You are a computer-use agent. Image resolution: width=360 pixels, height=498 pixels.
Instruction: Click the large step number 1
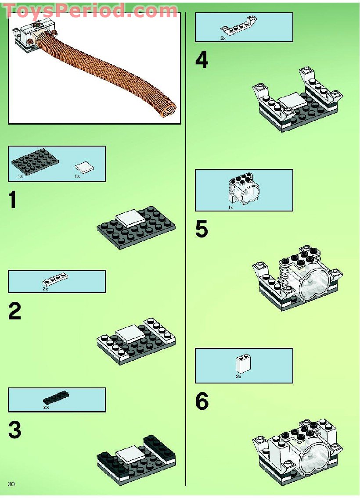[13, 201]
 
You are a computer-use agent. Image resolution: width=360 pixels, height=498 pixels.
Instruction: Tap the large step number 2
[14, 311]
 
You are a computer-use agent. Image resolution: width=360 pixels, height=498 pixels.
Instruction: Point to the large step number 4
[202, 60]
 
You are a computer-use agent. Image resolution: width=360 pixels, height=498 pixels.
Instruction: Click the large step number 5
[202, 229]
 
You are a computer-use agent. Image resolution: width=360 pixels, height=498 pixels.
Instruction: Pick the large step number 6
[202, 401]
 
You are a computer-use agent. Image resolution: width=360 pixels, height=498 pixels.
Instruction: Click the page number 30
[11, 484]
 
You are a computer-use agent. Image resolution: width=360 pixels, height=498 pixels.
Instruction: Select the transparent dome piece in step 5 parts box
[244, 190]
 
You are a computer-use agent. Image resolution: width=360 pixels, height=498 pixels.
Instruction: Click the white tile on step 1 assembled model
[130, 218]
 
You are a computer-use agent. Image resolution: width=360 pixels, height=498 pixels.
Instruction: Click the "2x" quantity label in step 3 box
[46, 408]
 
